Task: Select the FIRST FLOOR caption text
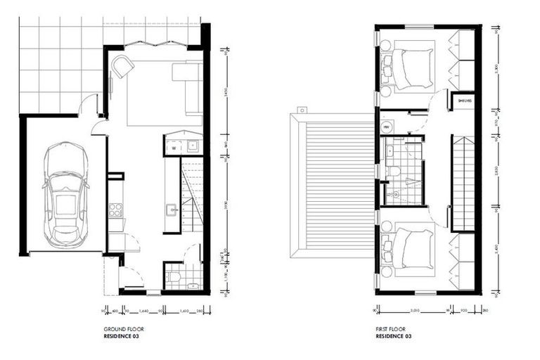click(391, 328)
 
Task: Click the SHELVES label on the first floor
click(465, 101)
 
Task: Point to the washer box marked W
click(173, 148)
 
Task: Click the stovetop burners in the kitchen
click(116, 209)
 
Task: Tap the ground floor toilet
click(174, 277)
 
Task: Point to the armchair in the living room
click(124, 67)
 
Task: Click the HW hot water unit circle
click(387, 127)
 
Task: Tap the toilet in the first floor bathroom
click(396, 172)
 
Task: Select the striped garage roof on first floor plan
click(331, 186)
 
